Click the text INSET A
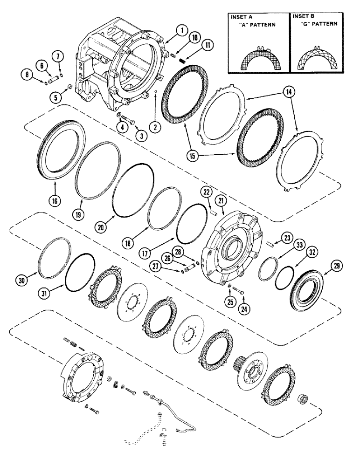pyautogui.click(x=241, y=16)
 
